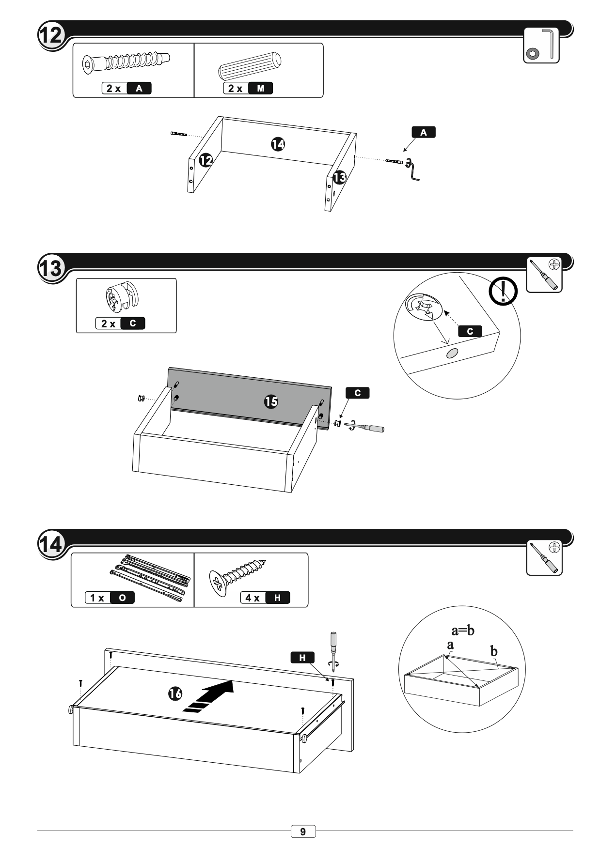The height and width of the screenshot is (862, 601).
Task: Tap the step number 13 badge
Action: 50,268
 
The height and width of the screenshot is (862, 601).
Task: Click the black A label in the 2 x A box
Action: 139,88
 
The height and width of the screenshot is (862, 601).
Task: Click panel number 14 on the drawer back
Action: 278,143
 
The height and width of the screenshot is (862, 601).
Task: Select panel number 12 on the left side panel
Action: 206,160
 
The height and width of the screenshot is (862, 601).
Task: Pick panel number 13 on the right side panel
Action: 340,178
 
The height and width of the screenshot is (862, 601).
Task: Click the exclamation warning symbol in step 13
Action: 503,291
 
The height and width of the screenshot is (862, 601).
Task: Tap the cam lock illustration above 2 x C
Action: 121,299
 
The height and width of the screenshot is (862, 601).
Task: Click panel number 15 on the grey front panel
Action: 271,401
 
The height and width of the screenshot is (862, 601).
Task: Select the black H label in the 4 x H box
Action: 277,598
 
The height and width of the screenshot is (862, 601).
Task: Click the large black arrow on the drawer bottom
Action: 210,695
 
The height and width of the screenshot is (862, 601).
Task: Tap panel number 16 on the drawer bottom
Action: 175,693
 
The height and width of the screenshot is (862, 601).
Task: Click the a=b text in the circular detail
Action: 463,630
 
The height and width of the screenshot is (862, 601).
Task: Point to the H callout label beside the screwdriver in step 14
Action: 302,657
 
